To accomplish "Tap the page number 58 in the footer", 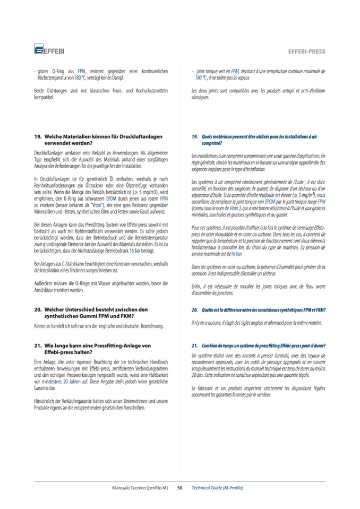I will [x=180, y=487].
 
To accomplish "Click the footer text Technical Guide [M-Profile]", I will [x=217, y=487].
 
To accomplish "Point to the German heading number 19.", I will [x=37, y=137].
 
